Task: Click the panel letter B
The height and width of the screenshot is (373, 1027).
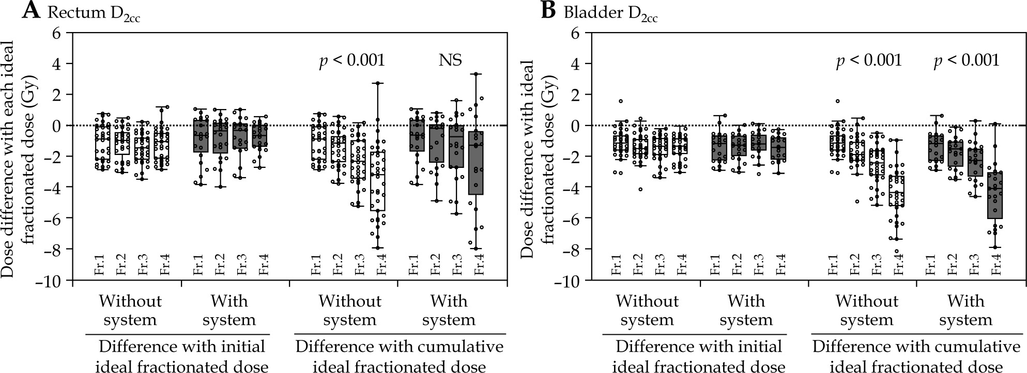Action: (548, 11)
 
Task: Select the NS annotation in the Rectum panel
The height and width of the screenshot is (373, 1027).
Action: (450, 60)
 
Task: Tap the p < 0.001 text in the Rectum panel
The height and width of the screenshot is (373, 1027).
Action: (351, 60)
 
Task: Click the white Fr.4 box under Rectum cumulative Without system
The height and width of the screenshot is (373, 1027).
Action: (377, 181)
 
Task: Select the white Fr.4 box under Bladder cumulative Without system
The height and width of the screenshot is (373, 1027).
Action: (896, 191)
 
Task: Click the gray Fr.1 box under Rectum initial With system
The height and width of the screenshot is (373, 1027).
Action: (201, 136)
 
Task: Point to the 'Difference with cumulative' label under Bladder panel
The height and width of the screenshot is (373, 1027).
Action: (916, 346)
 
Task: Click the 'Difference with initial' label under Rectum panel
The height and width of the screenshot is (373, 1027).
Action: (181, 346)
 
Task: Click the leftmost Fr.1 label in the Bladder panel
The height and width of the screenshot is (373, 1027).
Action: (615, 263)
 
